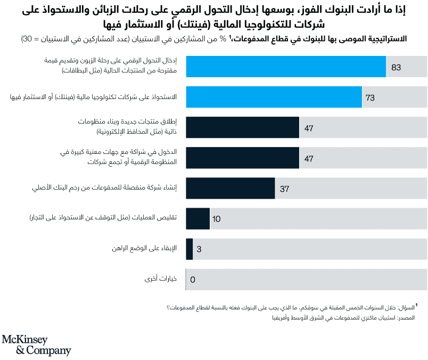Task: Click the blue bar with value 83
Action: [x=286, y=67]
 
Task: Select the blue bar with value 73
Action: [x=274, y=97]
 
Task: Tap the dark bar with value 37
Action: [x=231, y=188]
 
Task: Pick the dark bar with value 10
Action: [x=197, y=218]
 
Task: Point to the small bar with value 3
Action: [x=189, y=249]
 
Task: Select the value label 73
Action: [x=371, y=98]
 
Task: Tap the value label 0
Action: [x=193, y=279]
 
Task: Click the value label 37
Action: [x=284, y=189]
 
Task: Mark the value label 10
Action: [x=216, y=219]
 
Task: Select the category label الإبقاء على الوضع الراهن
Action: [x=145, y=249]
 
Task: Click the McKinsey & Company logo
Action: [x=36, y=345]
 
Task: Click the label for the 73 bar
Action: [x=96, y=97]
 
